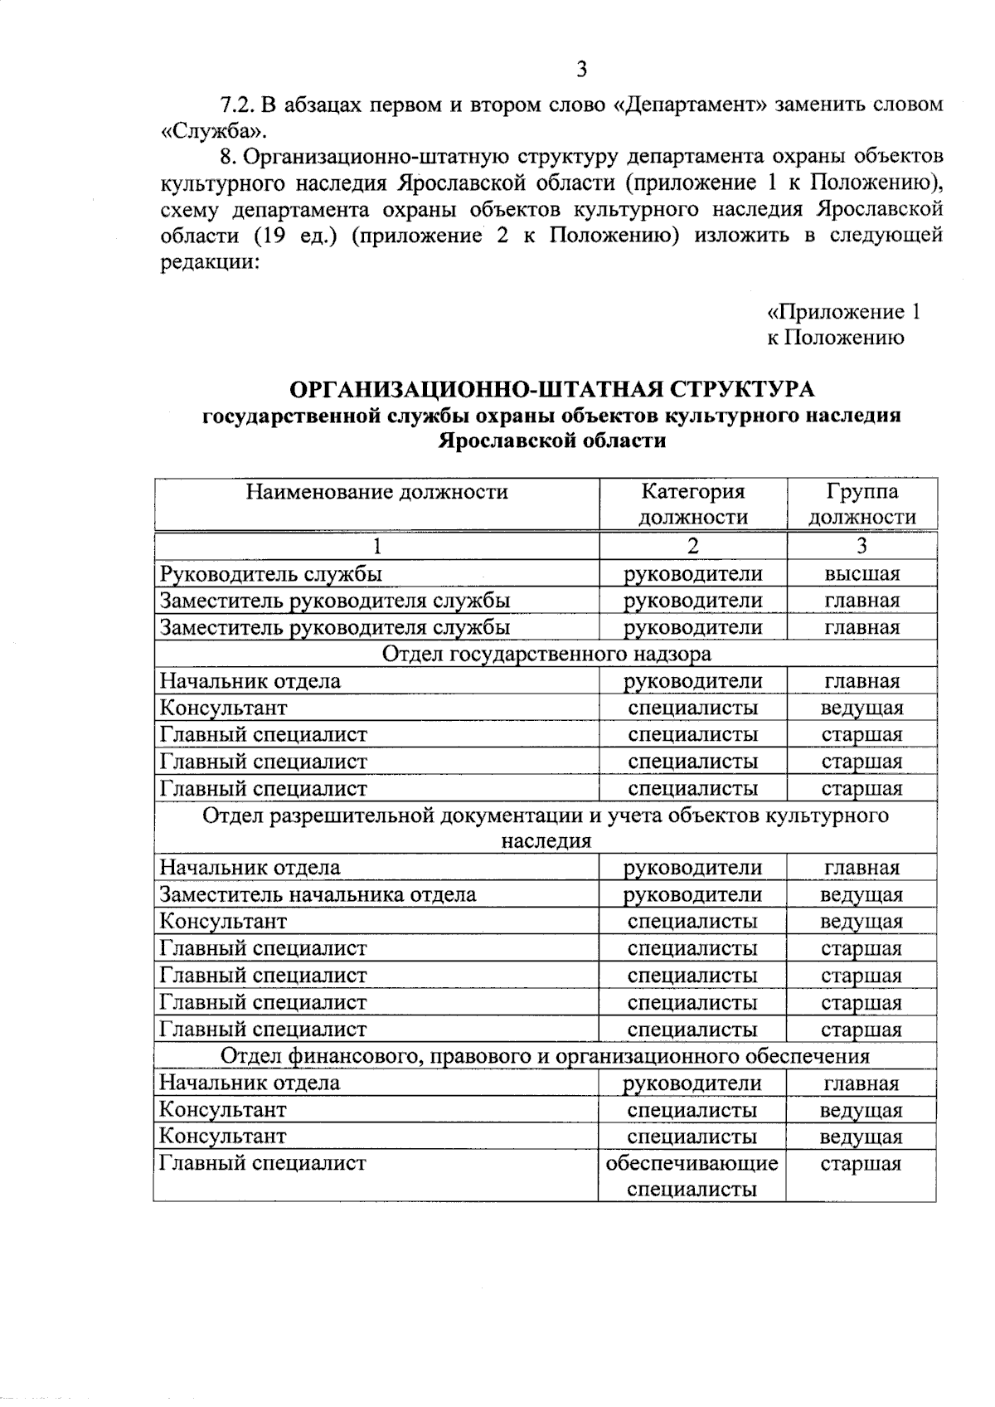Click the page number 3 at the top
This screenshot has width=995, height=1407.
[581, 70]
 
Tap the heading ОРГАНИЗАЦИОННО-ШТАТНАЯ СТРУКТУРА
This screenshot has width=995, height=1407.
[551, 389]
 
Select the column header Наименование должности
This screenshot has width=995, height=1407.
[376, 492]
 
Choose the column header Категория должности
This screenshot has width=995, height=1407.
[692, 504]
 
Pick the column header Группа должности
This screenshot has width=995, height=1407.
[862, 504]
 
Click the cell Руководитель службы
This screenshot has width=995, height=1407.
[271, 573]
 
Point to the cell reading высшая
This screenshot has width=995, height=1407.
[862, 573]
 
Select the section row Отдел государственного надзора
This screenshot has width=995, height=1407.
[546, 654]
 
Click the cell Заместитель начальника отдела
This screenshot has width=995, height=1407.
[318, 894]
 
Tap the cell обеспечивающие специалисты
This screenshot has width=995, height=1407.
[692, 1176]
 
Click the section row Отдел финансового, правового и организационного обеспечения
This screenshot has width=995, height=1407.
[545, 1056]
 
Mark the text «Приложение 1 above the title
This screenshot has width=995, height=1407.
[843, 312]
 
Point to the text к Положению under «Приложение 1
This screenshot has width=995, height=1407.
[835, 338]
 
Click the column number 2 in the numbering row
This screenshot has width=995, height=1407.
[692, 546]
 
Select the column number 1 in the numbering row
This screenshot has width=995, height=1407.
[377, 546]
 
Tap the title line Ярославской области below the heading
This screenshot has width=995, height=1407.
[551, 441]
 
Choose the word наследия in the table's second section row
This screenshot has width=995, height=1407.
[546, 840]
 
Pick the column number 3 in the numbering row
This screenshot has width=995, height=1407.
[862, 546]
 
